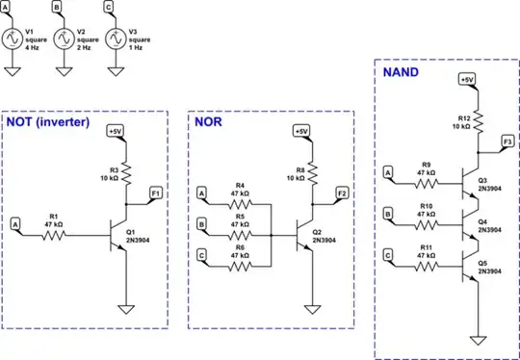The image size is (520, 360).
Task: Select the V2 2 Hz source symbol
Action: tap(64, 39)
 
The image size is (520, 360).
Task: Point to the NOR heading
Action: tap(210, 123)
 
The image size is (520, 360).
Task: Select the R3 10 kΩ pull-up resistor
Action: tap(125, 171)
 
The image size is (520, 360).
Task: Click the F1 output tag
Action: tap(155, 194)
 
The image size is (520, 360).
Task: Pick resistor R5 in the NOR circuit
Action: tap(240, 232)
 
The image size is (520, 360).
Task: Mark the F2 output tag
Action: tap(342, 194)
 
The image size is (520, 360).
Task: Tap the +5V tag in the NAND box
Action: tap(467, 80)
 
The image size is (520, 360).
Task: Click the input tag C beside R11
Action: tap(387, 255)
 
